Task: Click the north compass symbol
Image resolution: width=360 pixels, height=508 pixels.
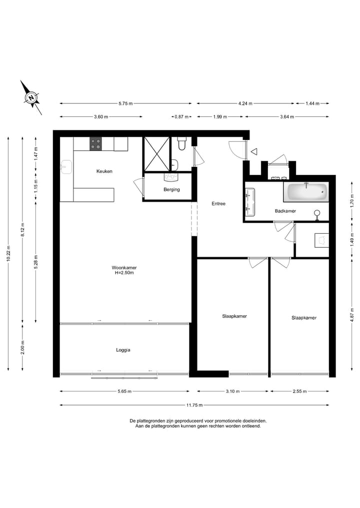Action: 31,97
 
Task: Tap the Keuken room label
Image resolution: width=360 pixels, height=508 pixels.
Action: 104,171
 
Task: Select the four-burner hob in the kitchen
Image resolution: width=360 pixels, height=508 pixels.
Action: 95,144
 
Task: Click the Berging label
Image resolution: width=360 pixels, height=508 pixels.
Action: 171,190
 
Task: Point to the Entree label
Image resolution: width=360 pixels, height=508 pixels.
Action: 218,204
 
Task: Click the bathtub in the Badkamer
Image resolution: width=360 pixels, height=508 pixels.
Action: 305,191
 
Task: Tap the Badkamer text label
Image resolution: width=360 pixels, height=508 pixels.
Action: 285,211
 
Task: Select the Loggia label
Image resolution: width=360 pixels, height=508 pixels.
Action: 123,350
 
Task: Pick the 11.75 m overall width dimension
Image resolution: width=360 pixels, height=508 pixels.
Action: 194,405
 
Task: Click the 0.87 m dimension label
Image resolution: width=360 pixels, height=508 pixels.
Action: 181,117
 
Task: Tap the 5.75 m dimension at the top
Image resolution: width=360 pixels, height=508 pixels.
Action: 125,103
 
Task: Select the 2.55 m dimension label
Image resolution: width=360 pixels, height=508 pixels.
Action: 300,392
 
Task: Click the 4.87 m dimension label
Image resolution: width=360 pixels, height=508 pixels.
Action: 352,316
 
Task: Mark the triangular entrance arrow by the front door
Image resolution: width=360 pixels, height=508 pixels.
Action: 254,151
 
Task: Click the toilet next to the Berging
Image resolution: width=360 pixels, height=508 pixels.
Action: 181,145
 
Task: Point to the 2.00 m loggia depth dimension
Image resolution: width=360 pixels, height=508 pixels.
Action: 22,347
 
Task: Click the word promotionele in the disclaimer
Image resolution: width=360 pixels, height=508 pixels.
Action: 219,421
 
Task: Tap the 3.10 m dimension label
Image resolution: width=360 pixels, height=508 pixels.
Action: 232,392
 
